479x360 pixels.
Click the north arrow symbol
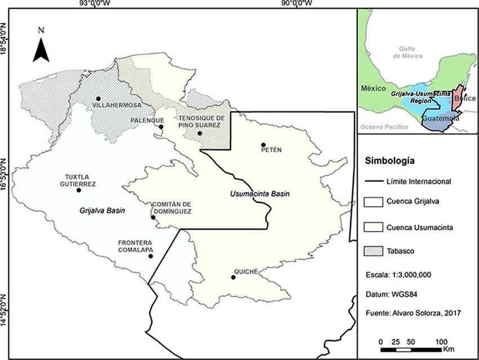point(41,47)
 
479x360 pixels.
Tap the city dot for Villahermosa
point(98,98)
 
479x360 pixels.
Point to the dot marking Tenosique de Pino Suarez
point(199,134)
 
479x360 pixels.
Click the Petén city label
point(270,149)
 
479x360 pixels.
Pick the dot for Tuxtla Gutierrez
point(79,190)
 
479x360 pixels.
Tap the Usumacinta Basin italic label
point(260,194)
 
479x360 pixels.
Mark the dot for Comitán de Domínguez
point(153,217)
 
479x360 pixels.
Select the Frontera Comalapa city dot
point(150,256)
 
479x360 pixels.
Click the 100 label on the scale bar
point(441,342)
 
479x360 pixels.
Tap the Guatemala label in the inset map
point(441,119)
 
